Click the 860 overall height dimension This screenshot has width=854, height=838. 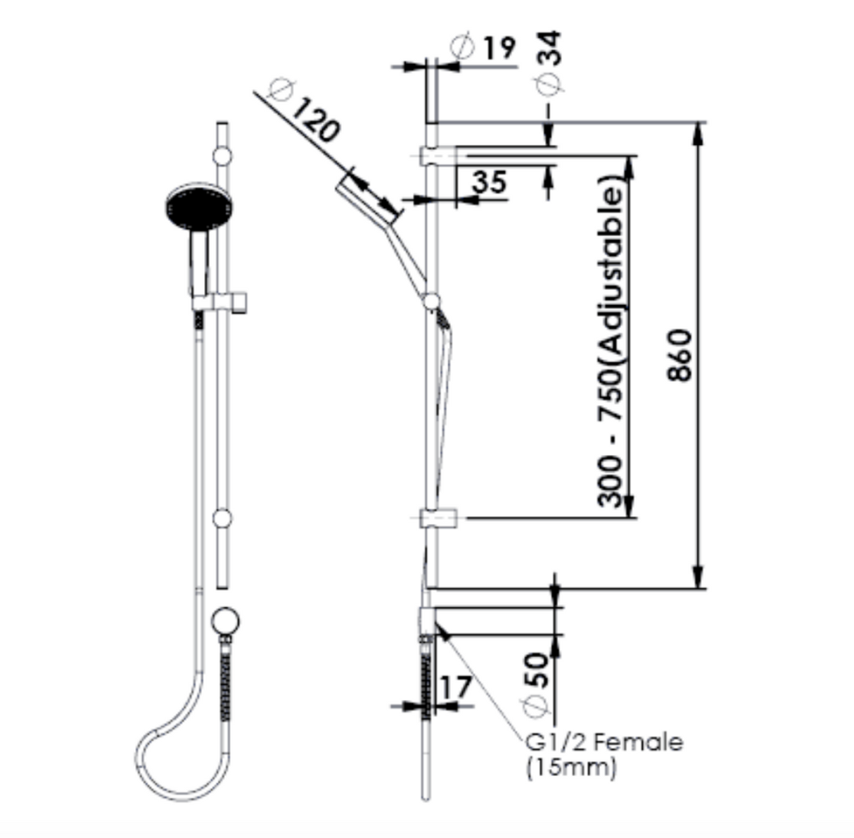pyautogui.click(x=680, y=356)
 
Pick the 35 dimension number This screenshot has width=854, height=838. pyautogui.click(x=489, y=182)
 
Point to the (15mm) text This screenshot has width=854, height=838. pyautogui.click(x=571, y=767)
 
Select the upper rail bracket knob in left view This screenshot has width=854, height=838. pyautogui.click(x=222, y=156)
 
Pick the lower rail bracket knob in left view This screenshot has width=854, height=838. pyautogui.click(x=222, y=519)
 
